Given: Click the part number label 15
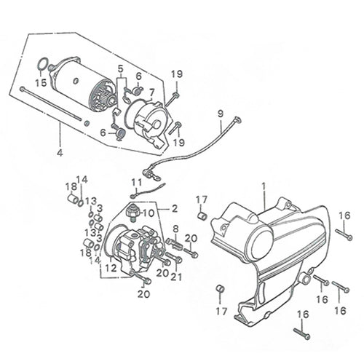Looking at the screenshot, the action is click(41, 82).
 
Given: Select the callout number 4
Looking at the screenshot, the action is click(60, 153).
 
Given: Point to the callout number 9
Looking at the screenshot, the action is click(220, 114).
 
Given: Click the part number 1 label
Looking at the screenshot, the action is click(264, 186).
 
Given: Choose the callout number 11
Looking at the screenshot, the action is click(136, 183).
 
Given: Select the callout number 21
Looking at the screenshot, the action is click(176, 277).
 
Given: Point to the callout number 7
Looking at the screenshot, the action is click(151, 92).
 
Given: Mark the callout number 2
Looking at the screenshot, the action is click(175, 209).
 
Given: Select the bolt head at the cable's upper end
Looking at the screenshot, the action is click(237, 119).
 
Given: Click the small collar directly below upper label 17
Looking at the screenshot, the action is click(202, 216).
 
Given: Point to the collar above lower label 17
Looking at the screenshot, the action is click(221, 288).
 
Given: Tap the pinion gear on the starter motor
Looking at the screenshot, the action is click(111, 100).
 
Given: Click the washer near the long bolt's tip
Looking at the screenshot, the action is click(86, 123).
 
